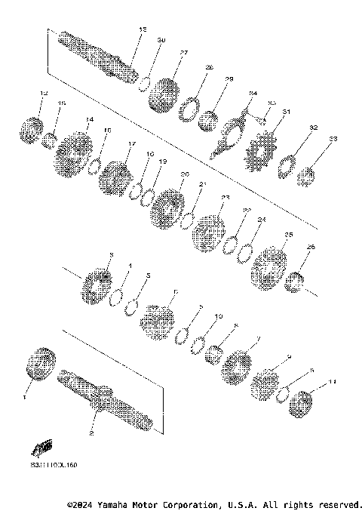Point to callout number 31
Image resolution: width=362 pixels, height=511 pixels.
[286, 112]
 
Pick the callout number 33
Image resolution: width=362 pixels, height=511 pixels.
[333, 139]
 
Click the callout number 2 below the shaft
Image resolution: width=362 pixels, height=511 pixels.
[92, 435]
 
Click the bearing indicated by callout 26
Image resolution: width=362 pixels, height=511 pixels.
[296, 281]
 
